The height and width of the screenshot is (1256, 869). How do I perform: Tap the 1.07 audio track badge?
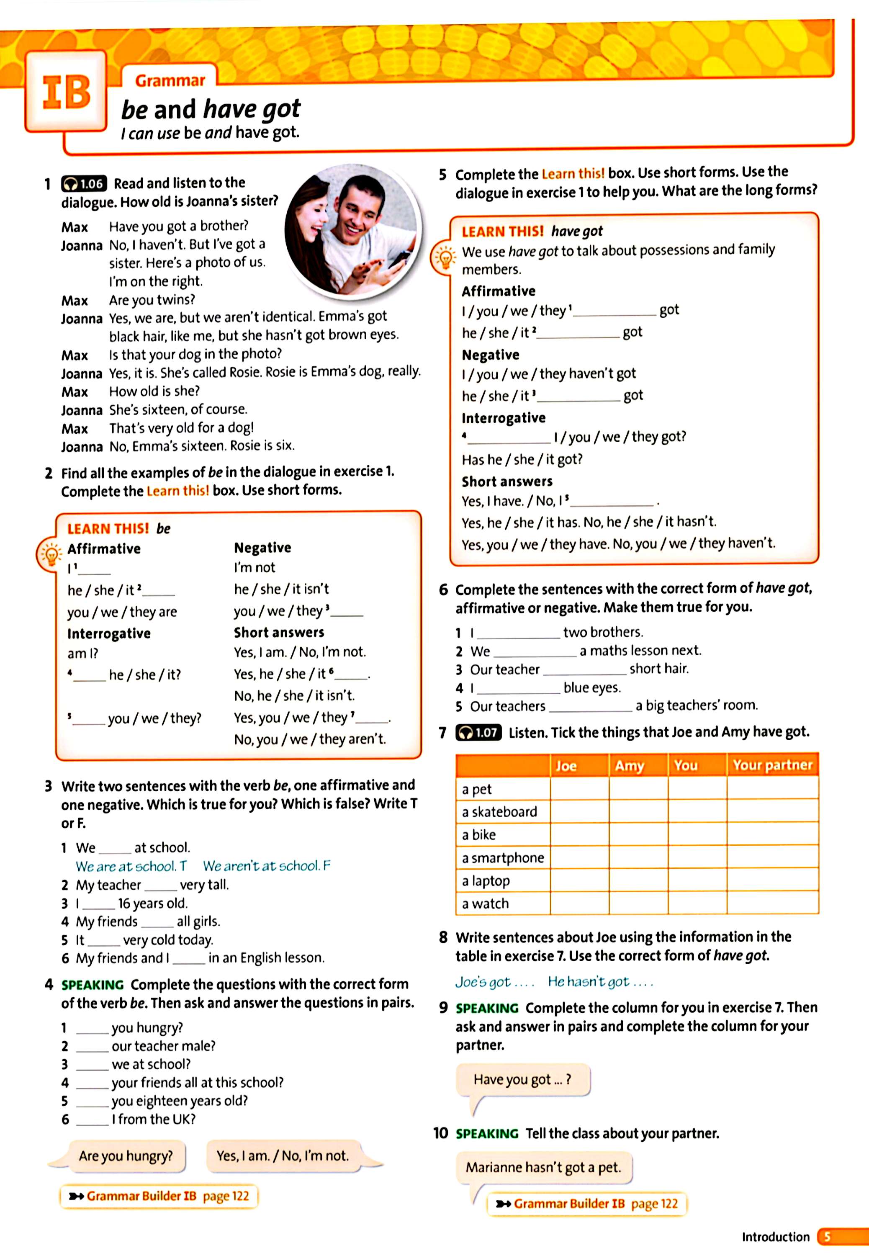point(478,732)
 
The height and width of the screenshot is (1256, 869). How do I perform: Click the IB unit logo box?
point(66,91)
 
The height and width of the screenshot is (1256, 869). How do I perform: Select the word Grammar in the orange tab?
point(170,80)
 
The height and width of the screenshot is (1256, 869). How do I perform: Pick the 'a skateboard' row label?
point(499,812)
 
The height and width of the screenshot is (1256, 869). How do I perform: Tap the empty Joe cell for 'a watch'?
point(579,903)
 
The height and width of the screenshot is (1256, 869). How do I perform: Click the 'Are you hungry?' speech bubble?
point(126,1156)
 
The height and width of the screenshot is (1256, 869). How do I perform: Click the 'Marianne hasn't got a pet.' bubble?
point(543,1167)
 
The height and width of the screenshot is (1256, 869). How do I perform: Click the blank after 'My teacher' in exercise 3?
point(161,886)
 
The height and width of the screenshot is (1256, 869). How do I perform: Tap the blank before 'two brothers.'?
point(518,633)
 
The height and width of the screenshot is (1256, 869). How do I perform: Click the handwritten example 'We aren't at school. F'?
point(266,866)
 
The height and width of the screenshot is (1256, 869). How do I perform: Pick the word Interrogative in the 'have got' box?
point(503,418)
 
